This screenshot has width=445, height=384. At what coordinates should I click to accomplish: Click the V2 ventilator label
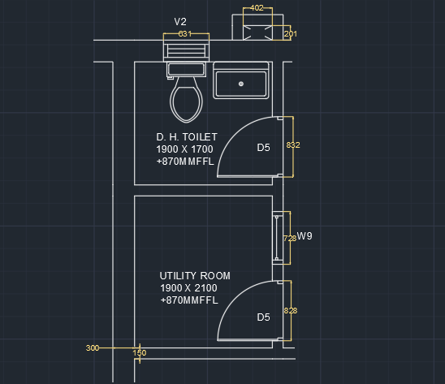tap(180, 22)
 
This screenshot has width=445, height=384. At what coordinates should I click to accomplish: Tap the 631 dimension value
tap(185, 34)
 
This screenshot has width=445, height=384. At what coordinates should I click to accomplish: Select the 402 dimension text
tap(257, 8)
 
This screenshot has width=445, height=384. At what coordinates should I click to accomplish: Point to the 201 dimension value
tap(291, 34)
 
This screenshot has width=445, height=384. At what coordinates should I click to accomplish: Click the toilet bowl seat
tap(186, 104)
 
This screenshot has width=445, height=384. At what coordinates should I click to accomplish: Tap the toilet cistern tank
tap(186, 69)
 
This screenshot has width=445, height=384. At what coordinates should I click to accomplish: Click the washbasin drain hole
tap(241, 84)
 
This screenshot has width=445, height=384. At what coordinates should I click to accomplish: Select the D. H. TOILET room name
tap(187, 137)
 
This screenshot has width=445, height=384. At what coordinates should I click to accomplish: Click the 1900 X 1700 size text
tap(184, 149)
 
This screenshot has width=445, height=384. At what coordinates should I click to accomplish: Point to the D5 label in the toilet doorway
tap(263, 148)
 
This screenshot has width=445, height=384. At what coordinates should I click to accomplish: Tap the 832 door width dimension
tap(293, 145)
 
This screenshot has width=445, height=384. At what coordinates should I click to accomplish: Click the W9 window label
tap(305, 236)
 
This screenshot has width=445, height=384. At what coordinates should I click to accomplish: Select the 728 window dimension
tap(290, 239)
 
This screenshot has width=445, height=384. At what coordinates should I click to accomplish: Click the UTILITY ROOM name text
tap(195, 276)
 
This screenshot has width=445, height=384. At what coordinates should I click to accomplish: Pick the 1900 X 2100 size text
tap(188, 288)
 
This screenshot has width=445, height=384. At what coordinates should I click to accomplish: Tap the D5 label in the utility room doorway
tap(263, 317)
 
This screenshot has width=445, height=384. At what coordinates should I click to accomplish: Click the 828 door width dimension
tap(291, 311)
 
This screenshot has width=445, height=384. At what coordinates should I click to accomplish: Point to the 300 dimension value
tap(93, 348)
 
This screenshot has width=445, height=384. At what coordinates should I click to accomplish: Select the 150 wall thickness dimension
tap(140, 353)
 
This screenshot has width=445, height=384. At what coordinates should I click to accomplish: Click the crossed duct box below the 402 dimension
tap(257, 32)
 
